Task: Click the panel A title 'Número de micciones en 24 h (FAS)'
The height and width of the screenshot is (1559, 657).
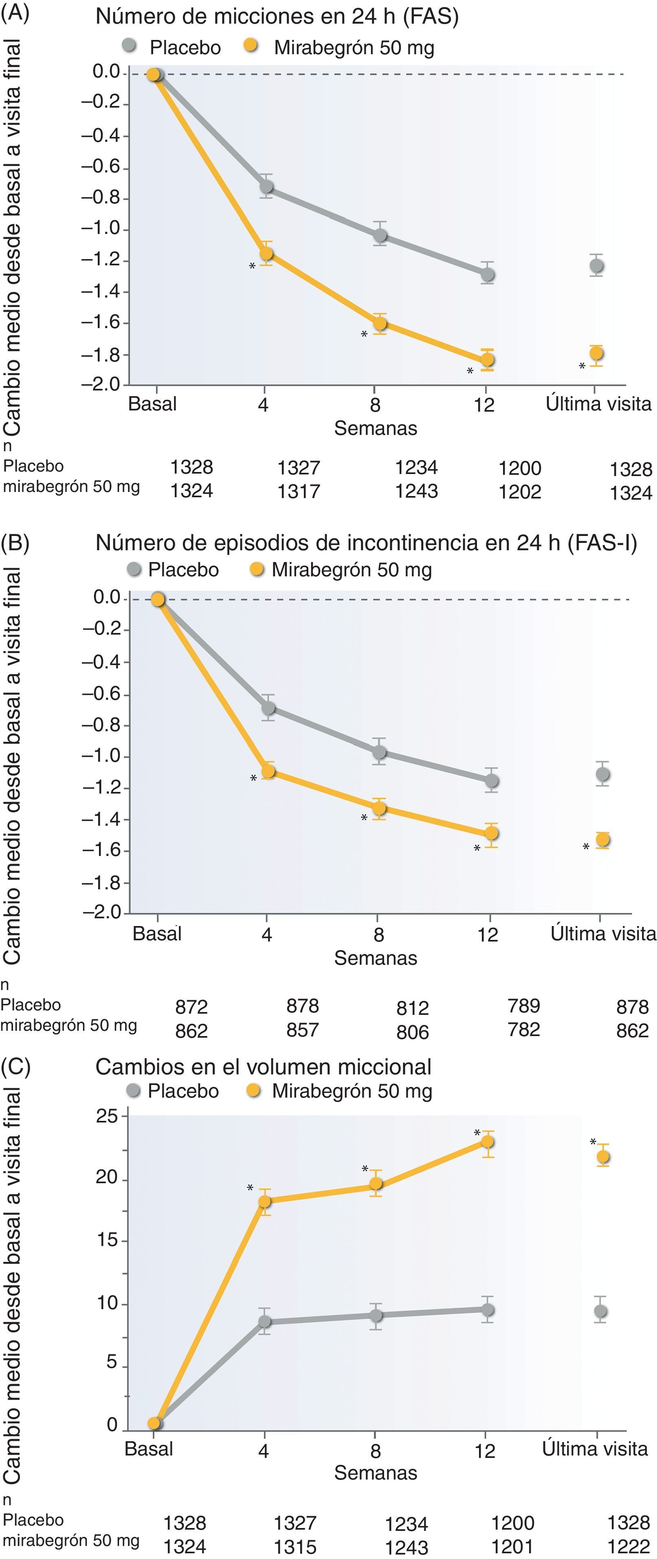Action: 277,16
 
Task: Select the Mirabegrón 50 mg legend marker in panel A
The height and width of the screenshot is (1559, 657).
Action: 250,46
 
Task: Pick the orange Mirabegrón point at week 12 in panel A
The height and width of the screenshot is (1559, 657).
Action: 487,359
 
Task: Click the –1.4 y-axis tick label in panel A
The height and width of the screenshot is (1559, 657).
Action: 101,292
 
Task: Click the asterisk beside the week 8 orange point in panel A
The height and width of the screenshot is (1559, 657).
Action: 364,335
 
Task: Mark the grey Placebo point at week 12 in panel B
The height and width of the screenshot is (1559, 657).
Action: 491,780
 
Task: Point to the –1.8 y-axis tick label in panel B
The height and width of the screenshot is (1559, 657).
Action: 101,883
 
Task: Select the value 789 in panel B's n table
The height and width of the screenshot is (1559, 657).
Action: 523,1005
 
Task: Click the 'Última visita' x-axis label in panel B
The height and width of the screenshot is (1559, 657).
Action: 602,933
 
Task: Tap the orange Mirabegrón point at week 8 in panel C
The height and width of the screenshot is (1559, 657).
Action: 376,1183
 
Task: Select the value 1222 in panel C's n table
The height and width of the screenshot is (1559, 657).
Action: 628,1546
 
